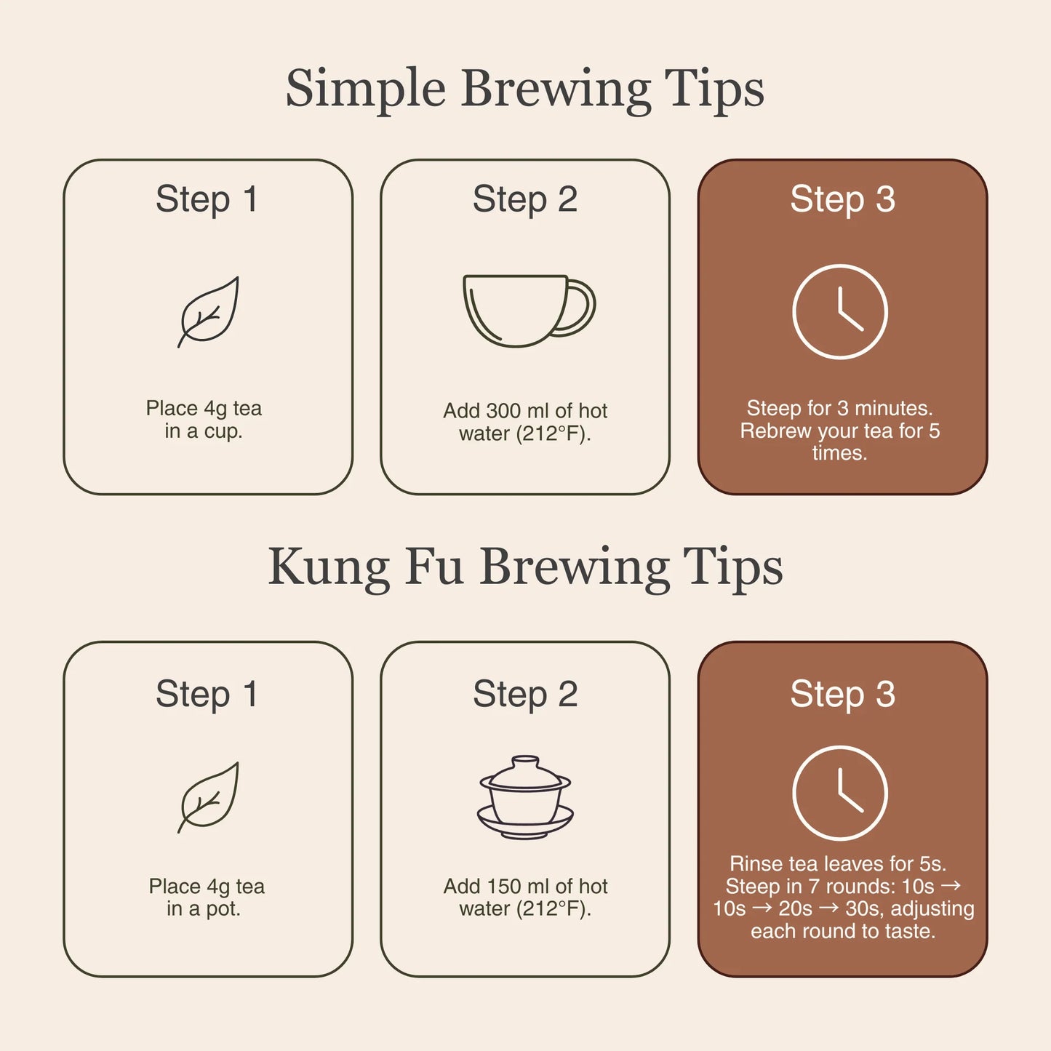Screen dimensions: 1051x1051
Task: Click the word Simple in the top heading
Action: coord(365,89)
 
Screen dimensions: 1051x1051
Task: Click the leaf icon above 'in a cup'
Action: coord(209,311)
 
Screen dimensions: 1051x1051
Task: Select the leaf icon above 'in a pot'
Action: coord(209,797)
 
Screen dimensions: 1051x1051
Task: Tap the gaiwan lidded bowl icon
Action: coord(525,797)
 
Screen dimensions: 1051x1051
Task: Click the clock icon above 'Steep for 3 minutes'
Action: coord(839,311)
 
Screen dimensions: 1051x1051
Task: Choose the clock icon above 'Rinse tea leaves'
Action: coord(839,793)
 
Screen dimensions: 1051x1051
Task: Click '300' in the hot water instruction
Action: coord(503,411)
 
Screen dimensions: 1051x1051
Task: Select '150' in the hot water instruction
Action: coord(503,887)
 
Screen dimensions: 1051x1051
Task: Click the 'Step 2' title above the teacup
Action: coord(525,199)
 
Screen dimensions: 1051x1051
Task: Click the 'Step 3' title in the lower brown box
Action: coord(842,694)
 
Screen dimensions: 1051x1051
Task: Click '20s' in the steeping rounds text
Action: coord(795,909)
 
